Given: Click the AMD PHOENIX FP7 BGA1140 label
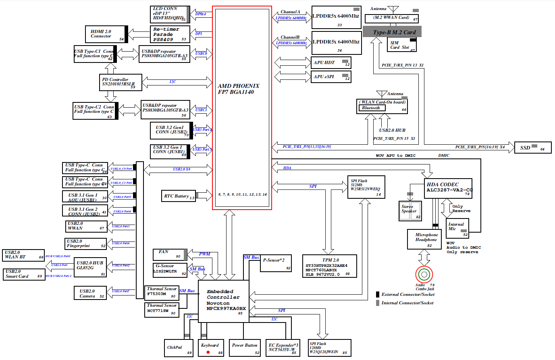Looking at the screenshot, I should click(x=238, y=89).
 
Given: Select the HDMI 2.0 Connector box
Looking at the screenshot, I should click(x=106, y=34).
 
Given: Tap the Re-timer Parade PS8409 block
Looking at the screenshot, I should click(x=170, y=34).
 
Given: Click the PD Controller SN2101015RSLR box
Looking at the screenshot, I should click(x=121, y=82).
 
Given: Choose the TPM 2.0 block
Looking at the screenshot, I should click(x=329, y=266).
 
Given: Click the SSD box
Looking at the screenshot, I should click(x=532, y=148).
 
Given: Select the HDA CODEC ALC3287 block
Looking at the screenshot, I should click(x=448, y=188).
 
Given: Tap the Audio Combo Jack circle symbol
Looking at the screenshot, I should click(x=424, y=275).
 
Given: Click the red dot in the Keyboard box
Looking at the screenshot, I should click(x=208, y=352).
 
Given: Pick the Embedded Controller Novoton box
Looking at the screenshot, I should click(x=223, y=301).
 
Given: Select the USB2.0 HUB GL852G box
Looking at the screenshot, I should click(x=90, y=267).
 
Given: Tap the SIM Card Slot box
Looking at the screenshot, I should click(x=402, y=45).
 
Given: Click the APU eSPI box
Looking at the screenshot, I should click(x=331, y=77).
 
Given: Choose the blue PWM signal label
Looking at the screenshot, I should click(x=204, y=254).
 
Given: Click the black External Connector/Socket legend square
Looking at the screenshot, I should click(x=378, y=294).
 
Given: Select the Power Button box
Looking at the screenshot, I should click(x=244, y=348).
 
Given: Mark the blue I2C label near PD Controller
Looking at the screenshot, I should click(x=173, y=82).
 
